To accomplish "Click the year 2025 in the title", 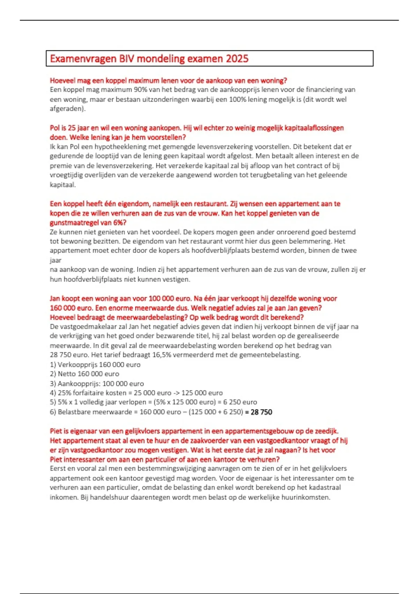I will [237, 59].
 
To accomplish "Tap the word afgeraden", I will [67, 109].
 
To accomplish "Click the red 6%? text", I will [119, 223].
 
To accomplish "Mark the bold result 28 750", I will [261, 412].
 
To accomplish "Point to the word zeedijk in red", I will [328, 431].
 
